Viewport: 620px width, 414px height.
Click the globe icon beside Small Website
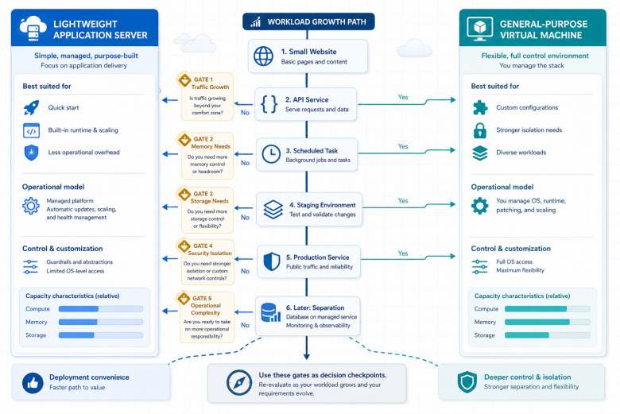click(x=263, y=56)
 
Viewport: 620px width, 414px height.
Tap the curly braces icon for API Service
click(x=269, y=104)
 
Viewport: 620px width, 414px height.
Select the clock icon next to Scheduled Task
click(x=271, y=154)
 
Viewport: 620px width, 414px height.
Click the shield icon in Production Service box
click(x=272, y=261)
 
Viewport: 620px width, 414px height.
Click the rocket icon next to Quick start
click(x=31, y=107)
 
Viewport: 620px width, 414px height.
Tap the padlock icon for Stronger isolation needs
click(x=479, y=130)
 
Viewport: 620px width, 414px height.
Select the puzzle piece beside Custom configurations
click(x=480, y=107)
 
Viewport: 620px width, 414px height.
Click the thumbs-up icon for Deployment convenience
click(x=33, y=383)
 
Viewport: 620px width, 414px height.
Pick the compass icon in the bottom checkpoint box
click(x=239, y=382)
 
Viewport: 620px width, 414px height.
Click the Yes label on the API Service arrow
click(x=403, y=97)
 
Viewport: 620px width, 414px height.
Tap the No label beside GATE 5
click(x=245, y=325)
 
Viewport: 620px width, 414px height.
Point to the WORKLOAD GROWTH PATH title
click(x=316, y=21)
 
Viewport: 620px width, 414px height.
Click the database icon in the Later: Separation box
click(x=271, y=312)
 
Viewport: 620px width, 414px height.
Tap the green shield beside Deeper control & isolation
click(x=467, y=382)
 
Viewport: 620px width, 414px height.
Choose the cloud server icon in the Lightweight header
click(x=33, y=29)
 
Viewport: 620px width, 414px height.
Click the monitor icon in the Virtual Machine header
click(x=479, y=29)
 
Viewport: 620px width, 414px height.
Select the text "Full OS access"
click(x=514, y=261)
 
